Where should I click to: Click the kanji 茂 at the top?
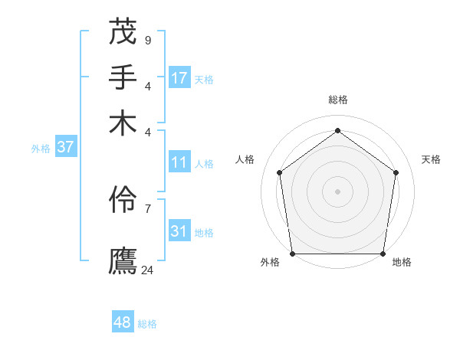(x=123, y=33)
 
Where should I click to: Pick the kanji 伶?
(x=123, y=201)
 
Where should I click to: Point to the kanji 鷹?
(x=123, y=260)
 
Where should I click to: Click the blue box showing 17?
(x=179, y=77)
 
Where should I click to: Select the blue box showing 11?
(x=179, y=162)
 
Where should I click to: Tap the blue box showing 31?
(x=179, y=231)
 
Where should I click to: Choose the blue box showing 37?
(x=65, y=147)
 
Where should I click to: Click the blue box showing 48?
(x=123, y=322)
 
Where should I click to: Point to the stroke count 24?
(x=148, y=270)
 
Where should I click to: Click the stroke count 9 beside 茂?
(x=148, y=40)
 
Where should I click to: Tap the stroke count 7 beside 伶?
(x=148, y=208)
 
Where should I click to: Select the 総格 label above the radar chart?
(x=338, y=100)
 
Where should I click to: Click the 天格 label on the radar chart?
(x=431, y=159)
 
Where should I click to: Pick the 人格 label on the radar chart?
(x=245, y=159)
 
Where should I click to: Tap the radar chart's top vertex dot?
(x=338, y=130)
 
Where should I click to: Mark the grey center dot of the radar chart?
(x=338, y=191)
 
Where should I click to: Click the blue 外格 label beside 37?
(x=41, y=149)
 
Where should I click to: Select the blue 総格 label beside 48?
(x=147, y=324)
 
